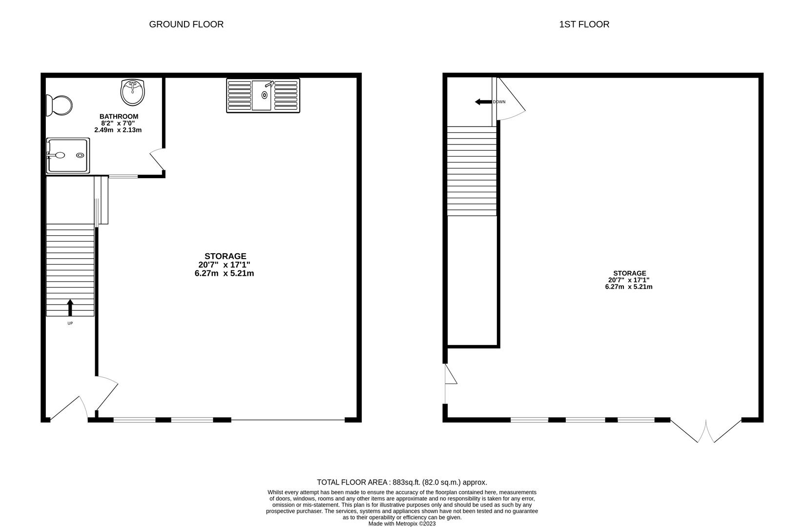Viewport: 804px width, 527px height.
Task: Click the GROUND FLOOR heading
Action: click(186, 24)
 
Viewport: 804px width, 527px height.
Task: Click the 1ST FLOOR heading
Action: click(584, 24)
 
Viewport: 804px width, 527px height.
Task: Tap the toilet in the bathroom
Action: click(59, 105)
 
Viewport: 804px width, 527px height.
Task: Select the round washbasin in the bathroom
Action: click(132, 93)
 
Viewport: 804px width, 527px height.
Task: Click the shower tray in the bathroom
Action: click(68, 155)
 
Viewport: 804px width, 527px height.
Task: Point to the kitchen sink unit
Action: click(263, 96)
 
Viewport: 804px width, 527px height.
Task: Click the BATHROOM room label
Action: click(119, 117)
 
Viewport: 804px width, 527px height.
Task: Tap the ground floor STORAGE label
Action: click(226, 256)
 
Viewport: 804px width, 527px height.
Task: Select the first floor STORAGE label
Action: click(630, 273)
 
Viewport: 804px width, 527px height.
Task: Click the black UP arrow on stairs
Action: click(70, 308)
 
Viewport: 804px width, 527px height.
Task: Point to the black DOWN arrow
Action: click(483, 102)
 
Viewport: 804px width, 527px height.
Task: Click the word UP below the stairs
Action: click(70, 323)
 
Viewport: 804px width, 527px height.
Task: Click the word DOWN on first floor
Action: click(499, 102)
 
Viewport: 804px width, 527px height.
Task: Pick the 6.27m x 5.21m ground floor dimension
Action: click(225, 273)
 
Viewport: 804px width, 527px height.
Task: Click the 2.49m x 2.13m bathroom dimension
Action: click(118, 130)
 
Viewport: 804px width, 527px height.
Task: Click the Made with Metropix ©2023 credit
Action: click(402, 524)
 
